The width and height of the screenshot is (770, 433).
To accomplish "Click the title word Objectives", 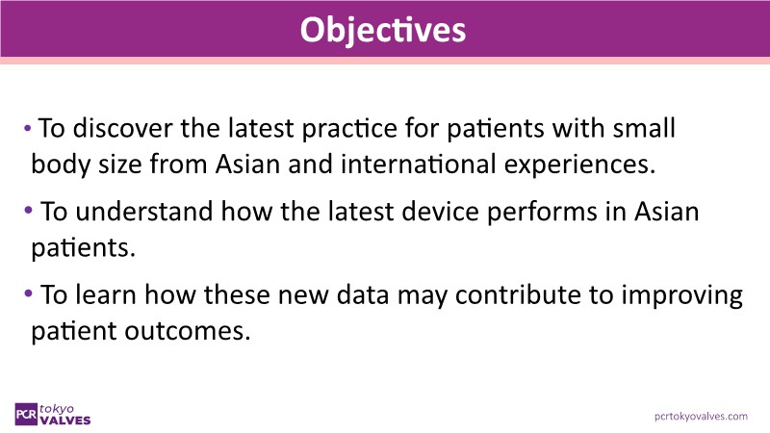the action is click(x=382, y=31).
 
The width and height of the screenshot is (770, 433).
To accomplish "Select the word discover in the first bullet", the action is click(x=123, y=128).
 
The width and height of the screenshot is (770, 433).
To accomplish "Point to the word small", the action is click(x=644, y=128).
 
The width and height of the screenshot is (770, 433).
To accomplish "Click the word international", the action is click(x=419, y=164).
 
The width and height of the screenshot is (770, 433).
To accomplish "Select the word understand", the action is click(x=143, y=212).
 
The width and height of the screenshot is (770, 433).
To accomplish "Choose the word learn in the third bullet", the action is click(x=106, y=295).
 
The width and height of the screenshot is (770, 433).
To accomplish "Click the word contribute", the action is click(x=518, y=295).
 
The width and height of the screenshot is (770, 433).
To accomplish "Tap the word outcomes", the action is click(x=187, y=331).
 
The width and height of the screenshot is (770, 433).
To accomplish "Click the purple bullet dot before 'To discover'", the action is click(x=28, y=129).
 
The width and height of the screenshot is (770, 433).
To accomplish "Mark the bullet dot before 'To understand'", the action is click(x=28, y=211).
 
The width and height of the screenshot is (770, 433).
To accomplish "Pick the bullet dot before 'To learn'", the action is click(x=28, y=294).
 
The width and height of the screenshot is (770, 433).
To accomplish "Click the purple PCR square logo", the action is click(x=26, y=414).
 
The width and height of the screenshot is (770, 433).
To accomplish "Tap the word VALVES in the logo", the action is click(x=65, y=420).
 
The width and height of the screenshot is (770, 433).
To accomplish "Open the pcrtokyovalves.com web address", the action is click(x=701, y=417).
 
